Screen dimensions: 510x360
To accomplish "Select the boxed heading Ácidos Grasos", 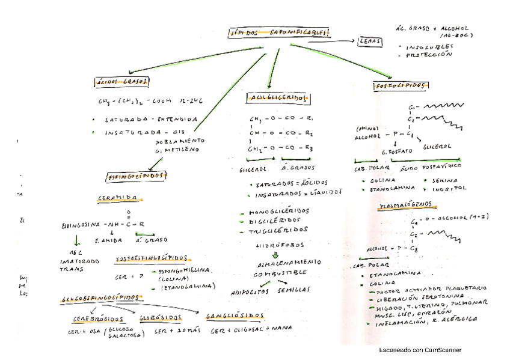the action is [123, 82].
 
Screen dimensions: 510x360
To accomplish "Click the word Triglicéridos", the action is [280, 230].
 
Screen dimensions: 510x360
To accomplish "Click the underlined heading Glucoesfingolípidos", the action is [103, 298].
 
